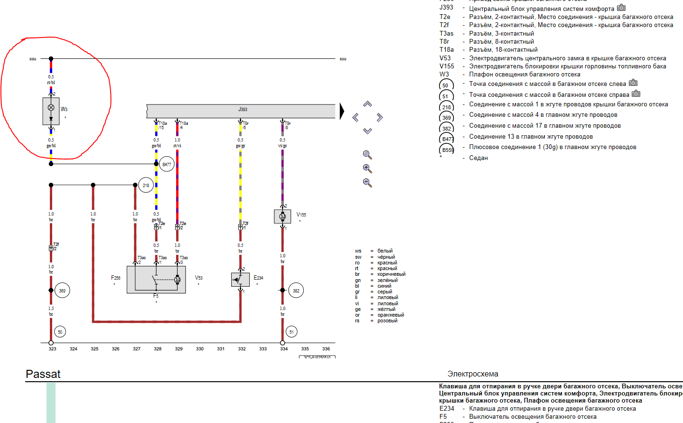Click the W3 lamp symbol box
pos(51,111)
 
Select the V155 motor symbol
pos(282,216)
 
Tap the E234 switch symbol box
pos(240,280)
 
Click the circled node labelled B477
pos(167,165)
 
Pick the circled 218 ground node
pos(146,185)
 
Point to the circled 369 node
pos(62,291)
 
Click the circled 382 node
pos(296,291)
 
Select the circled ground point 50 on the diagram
pos(60,332)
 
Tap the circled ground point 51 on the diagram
pos(291,332)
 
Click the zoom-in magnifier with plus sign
pos(367,169)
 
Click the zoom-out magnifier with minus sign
pos(367,183)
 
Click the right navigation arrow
pos(380,117)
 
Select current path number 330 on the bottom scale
pos(200,349)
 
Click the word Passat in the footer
pos(43,374)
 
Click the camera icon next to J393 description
pos(621,8)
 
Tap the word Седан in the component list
pos(478,158)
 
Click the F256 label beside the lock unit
pos(116,278)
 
